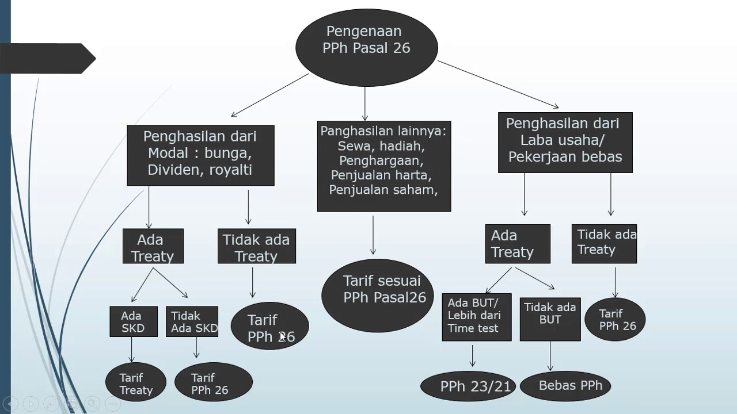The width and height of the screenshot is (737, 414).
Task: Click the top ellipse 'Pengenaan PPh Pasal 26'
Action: pyautogui.click(x=367, y=48)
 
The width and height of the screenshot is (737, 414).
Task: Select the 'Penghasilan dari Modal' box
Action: pyautogui.click(x=200, y=155)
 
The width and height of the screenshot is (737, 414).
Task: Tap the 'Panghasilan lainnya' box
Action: pyautogui.click(x=384, y=166)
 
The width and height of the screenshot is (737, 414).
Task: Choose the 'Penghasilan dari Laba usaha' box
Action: pyautogui.click(x=565, y=143)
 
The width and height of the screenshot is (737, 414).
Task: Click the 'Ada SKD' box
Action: pyautogui.click(x=134, y=321)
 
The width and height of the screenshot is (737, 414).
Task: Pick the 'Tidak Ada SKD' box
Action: pyautogui.click(x=192, y=321)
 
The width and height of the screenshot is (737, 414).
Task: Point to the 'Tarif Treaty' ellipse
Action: pyautogui.click(x=136, y=382)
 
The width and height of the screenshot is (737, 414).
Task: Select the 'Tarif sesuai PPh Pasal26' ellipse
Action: pyautogui.click(x=378, y=296)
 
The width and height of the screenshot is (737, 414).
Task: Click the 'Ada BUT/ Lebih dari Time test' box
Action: pyautogui.click(x=476, y=317)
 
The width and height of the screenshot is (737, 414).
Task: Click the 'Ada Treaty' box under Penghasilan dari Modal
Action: pyautogui.click(x=153, y=247)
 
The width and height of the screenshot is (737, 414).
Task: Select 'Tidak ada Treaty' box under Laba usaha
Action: pyautogui.click(x=604, y=244)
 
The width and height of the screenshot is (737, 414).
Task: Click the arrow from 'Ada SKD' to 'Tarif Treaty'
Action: pyautogui.click(x=132, y=350)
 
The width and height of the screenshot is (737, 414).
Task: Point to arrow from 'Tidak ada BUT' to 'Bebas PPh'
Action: pyautogui.click(x=550, y=356)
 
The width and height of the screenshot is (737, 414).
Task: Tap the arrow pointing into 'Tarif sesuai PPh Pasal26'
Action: pyautogui.click(x=373, y=235)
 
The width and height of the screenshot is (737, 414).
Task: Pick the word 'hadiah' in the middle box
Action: pyautogui.click(x=404, y=145)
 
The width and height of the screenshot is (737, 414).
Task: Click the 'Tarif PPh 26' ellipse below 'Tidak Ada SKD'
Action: pyautogui.click(x=214, y=382)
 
